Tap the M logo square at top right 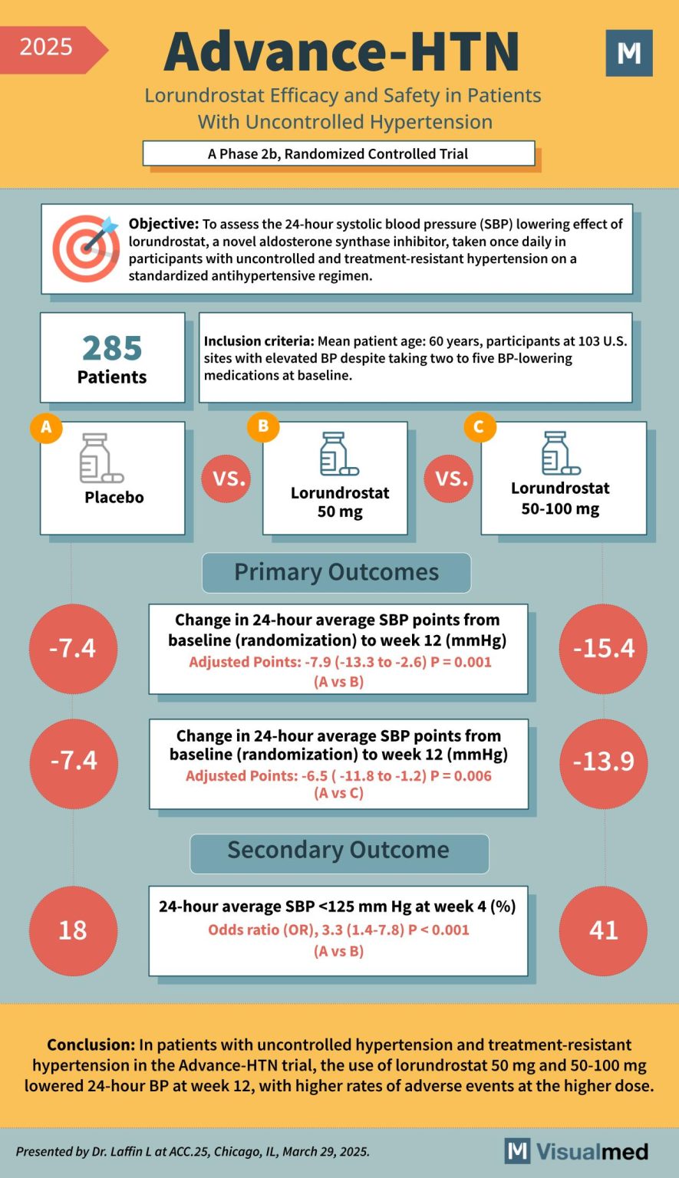pyautogui.click(x=628, y=53)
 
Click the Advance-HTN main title pyautogui.click(x=342, y=52)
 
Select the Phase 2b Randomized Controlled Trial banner pyautogui.click(x=338, y=153)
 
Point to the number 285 pyautogui.click(x=112, y=348)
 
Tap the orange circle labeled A pyautogui.click(x=46, y=427)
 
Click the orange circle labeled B pyautogui.click(x=263, y=426)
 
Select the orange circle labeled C pyautogui.click(x=480, y=427)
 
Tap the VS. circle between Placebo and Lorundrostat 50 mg pyautogui.click(x=229, y=479)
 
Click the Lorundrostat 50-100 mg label pyautogui.click(x=560, y=499)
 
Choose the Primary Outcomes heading pyautogui.click(x=336, y=572)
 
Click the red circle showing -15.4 pyautogui.click(x=604, y=649)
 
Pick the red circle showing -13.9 pyautogui.click(x=604, y=762)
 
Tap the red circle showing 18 pyautogui.click(x=73, y=930)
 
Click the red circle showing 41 pyautogui.click(x=604, y=930)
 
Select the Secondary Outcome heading pyautogui.click(x=338, y=851)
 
